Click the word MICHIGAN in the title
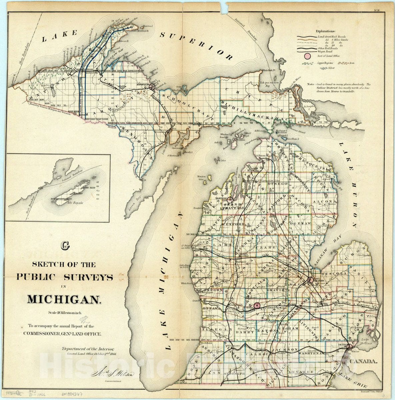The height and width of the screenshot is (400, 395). (x=63, y=299)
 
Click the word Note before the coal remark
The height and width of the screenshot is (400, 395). (x=311, y=85)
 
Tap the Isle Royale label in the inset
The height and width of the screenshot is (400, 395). (x=76, y=203)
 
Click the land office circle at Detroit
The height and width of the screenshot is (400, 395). (x=349, y=347)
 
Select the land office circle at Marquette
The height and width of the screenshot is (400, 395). (x=152, y=87)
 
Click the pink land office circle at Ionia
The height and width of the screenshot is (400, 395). (x=257, y=305)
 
